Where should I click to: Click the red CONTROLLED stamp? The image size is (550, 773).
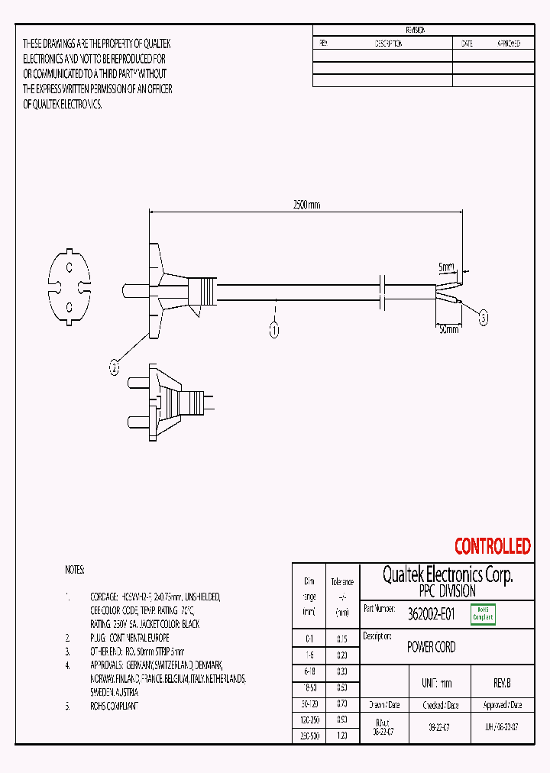pyautogui.click(x=492, y=546)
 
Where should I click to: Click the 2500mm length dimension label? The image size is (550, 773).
pyautogui.click(x=306, y=205)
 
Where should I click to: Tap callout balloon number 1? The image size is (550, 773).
pyautogui.click(x=274, y=330)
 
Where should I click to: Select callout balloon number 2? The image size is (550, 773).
pyautogui.click(x=115, y=368)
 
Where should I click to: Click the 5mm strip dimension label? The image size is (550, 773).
pyautogui.click(x=446, y=268)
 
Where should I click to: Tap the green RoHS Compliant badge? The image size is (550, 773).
pyautogui.click(x=483, y=614)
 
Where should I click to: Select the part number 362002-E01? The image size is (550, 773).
pyautogui.click(x=432, y=614)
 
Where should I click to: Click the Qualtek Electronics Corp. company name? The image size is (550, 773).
pyautogui.click(x=447, y=575)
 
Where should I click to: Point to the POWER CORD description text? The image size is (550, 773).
pyautogui.click(x=432, y=647)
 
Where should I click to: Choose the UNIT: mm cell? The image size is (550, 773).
pyautogui.click(x=436, y=684)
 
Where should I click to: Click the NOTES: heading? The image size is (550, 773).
pyautogui.click(x=75, y=570)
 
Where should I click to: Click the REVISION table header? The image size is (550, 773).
pyautogui.click(x=416, y=30)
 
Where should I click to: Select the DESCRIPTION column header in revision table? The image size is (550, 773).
pyautogui.click(x=388, y=44)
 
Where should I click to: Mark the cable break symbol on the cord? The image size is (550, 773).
pyautogui.click(x=386, y=292)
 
